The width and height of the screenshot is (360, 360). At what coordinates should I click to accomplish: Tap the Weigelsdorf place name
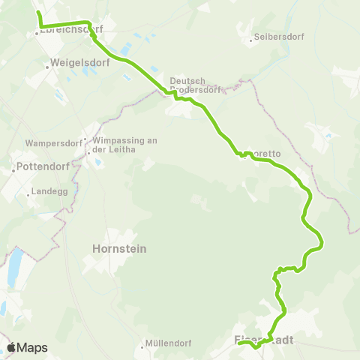(80, 63)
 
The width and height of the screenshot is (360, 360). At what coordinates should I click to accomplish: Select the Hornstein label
(118, 248)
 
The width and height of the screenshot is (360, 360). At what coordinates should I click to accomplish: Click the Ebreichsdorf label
(69, 31)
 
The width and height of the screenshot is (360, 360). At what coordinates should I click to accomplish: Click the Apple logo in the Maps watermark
(12, 347)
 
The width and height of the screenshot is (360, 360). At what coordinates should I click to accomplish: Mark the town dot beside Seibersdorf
(250, 37)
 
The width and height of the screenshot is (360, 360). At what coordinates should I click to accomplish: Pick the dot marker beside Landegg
(28, 194)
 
